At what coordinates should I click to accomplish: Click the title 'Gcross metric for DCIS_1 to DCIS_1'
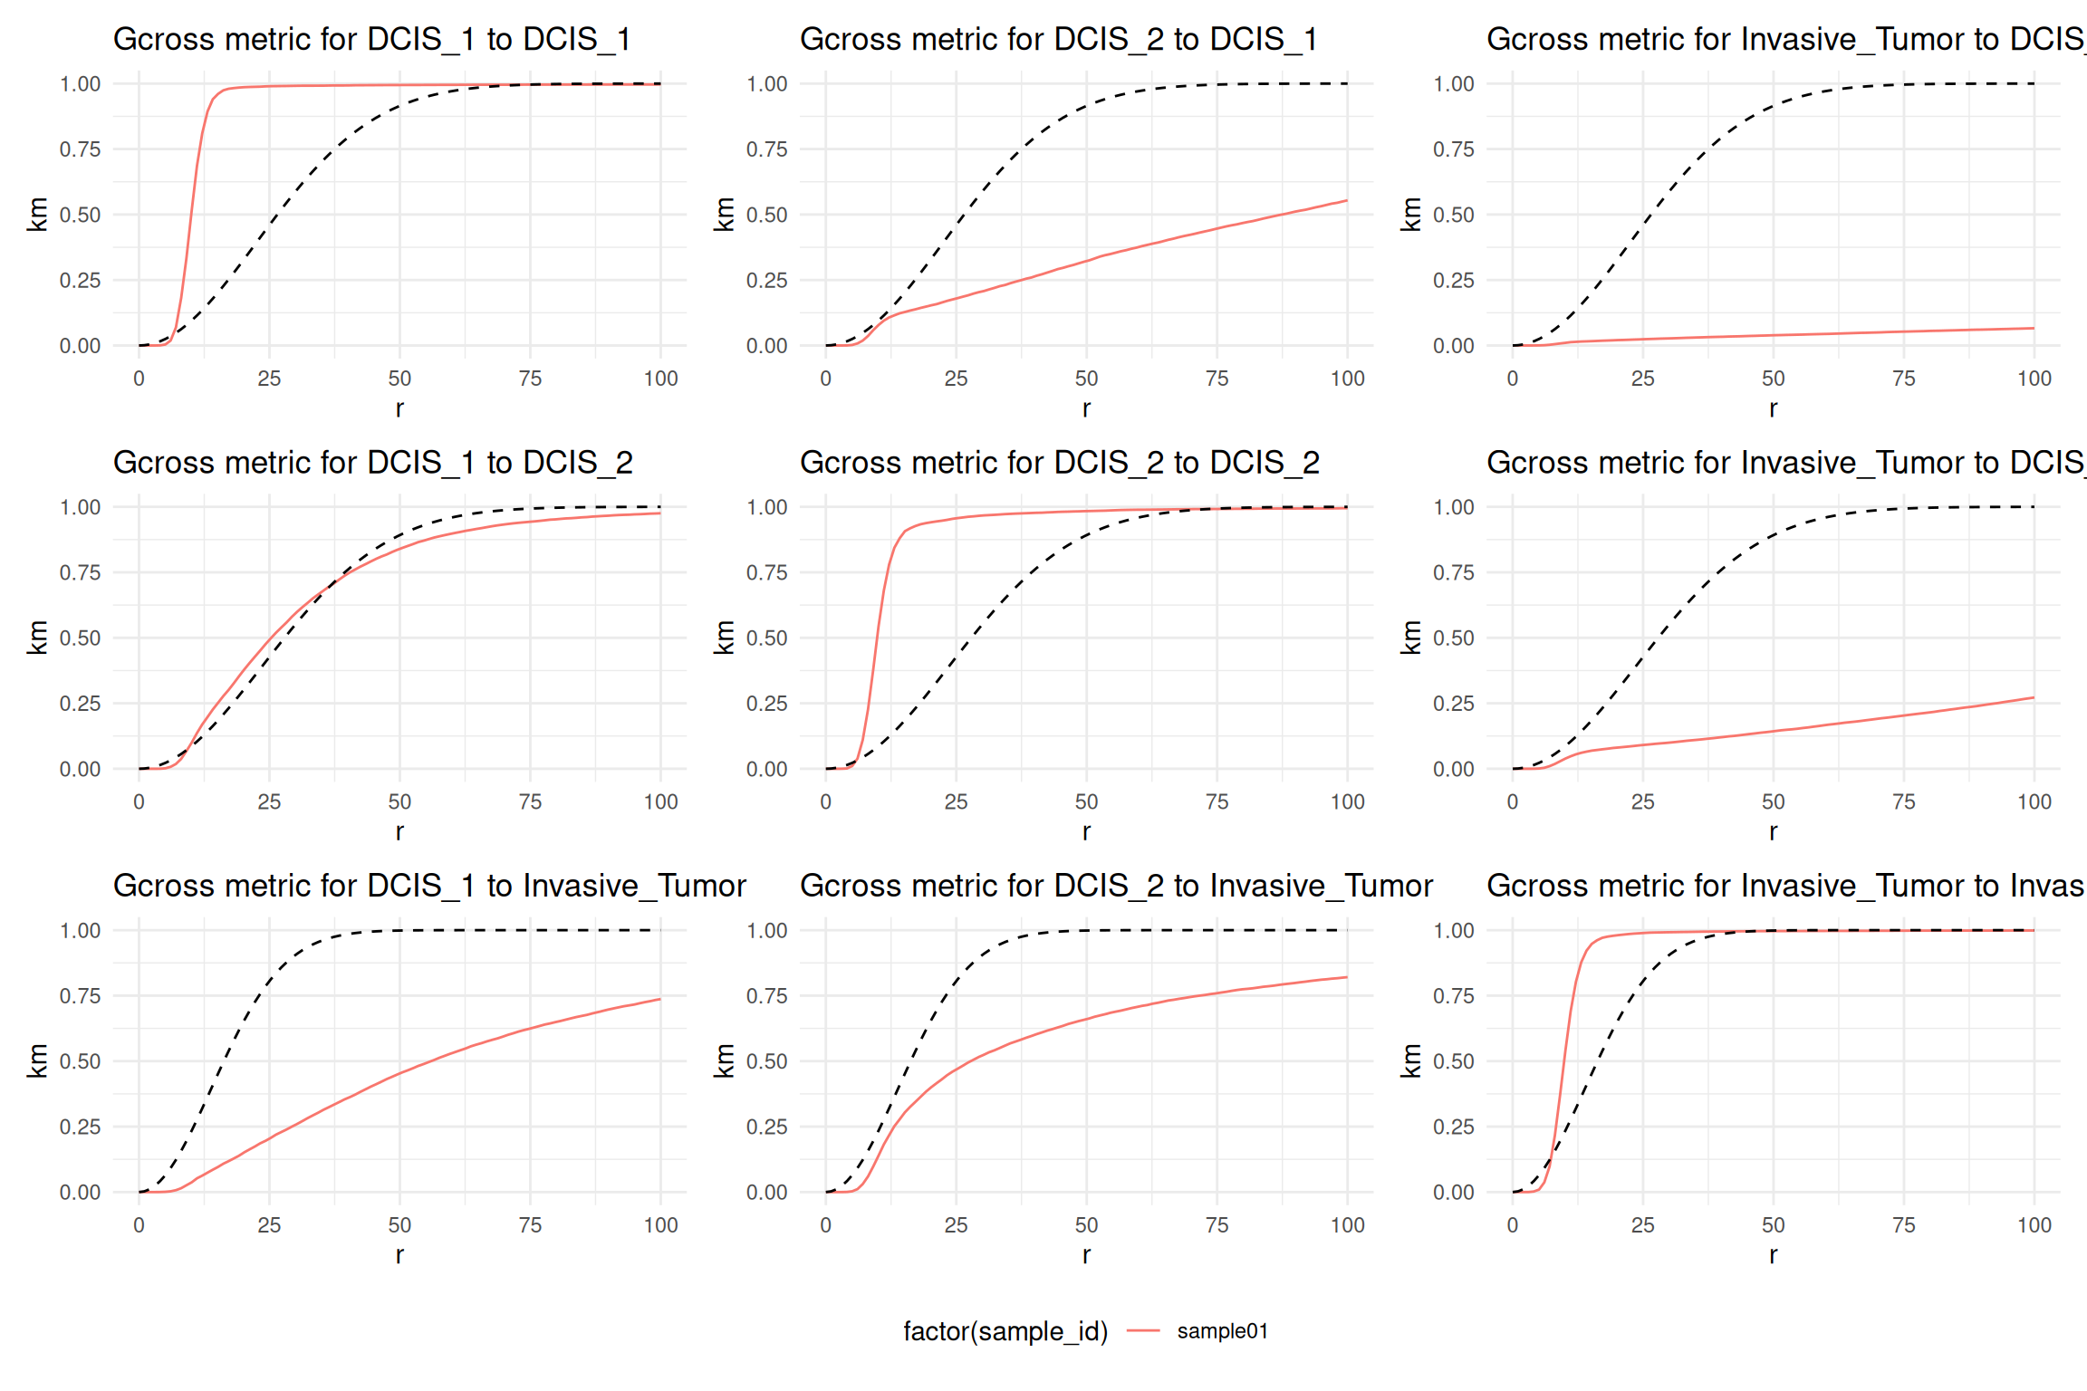coord(371,40)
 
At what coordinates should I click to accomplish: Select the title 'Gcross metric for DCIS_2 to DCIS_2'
coord(1059,463)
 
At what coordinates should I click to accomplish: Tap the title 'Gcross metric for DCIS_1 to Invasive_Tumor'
coord(429,886)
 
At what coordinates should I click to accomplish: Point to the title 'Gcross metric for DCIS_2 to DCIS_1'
coord(1058,40)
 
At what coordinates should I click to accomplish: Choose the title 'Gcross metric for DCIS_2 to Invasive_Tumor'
coord(1116,886)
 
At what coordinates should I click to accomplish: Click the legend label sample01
coord(1222,1331)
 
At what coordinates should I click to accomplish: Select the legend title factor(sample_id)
coord(1005,1331)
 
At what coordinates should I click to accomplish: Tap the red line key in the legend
coord(1143,1331)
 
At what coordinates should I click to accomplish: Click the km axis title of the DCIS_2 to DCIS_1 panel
coord(724,215)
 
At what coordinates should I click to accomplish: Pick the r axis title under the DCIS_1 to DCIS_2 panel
coord(399,831)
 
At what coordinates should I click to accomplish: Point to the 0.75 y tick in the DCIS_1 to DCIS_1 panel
coord(80,149)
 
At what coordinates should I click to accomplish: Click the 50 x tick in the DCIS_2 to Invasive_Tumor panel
coord(1086,1225)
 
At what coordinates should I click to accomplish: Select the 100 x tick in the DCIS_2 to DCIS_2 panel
coord(1347,802)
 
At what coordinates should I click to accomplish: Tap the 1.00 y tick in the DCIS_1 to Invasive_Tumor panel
coord(80,931)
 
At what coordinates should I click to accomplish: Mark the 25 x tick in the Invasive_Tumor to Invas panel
coord(1642,1225)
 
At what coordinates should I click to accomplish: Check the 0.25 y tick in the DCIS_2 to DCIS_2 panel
coord(766,704)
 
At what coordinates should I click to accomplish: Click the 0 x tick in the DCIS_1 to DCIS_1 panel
coord(139,379)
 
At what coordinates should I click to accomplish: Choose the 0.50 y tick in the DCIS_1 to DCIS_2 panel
coord(80,638)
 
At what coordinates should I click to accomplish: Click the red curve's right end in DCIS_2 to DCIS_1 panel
coord(1346,201)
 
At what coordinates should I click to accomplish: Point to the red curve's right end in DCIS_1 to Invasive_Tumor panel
coord(659,1000)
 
